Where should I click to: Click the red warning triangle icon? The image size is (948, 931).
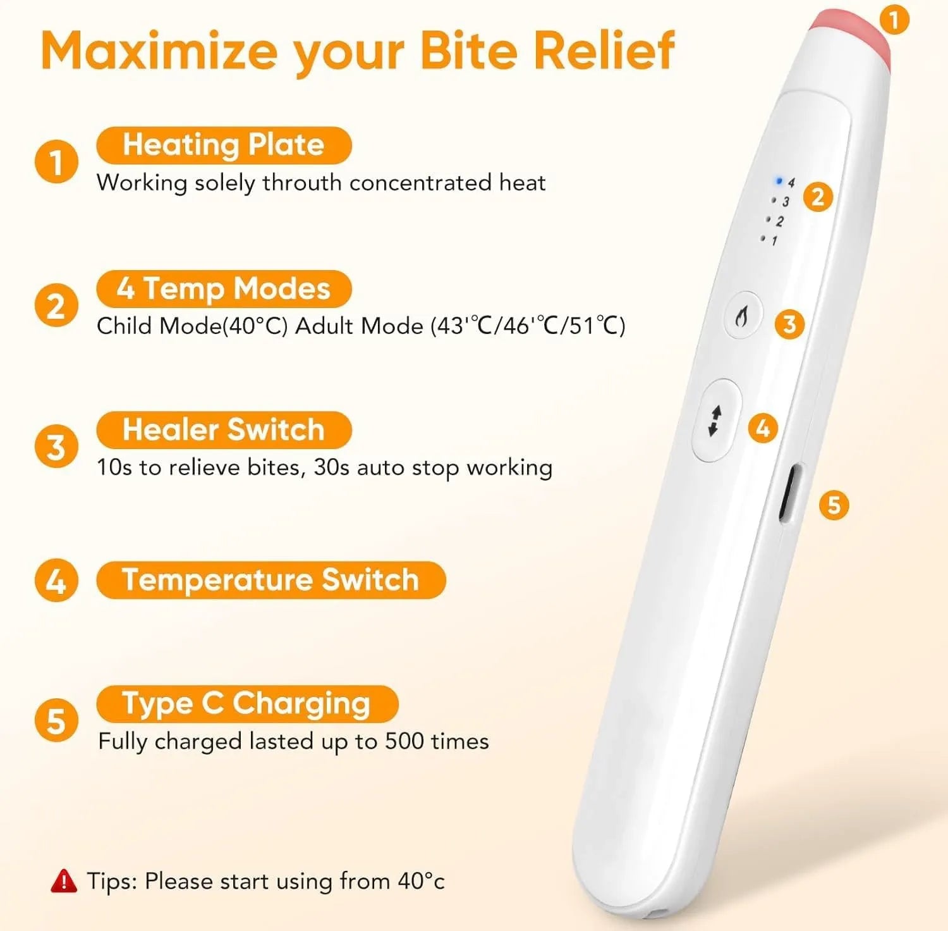click(63, 880)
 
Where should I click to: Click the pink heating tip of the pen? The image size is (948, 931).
click(851, 35)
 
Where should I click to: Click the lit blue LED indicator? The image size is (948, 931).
click(779, 182)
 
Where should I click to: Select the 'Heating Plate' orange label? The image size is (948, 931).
click(224, 145)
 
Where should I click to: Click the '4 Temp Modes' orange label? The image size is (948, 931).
click(224, 289)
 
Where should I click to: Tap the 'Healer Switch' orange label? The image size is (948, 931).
click(224, 430)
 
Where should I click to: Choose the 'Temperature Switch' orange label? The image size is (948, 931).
click(271, 580)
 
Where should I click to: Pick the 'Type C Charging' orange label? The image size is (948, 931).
click(247, 703)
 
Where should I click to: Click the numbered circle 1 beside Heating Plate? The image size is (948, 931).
click(56, 162)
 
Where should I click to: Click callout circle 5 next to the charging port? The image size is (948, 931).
click(834, 505)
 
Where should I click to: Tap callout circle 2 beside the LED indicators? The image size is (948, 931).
click(818, 197)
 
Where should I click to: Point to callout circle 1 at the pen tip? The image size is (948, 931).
click(894, 20)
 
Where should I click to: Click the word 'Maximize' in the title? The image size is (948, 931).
click(159, 51)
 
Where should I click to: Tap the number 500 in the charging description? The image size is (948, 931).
click(404, 741)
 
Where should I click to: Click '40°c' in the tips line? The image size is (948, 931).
click(422, 881)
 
